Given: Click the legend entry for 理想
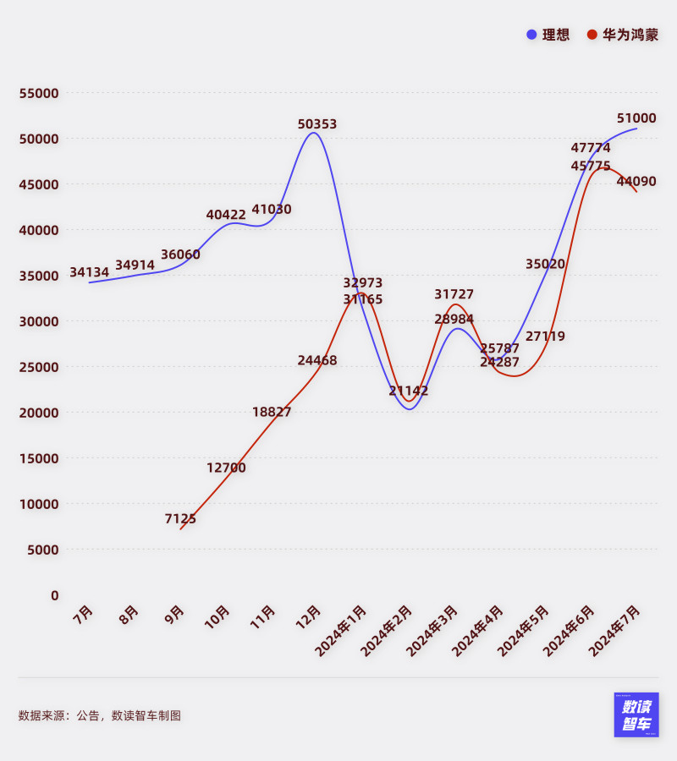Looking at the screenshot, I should click(x=548, y=35).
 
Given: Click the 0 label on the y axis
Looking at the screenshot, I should click(x=54, y=595).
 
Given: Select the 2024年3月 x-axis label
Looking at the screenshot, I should click(x=433, y=629).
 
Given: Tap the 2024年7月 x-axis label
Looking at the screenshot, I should click(x=615, y=629).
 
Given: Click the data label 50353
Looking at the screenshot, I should click(x=317, y=124).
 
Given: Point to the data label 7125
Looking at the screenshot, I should click(x=180, y=518).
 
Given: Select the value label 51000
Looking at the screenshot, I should click(x=636, y=118).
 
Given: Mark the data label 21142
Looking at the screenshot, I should click(x=409, y=391).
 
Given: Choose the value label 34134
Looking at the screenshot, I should click(x=89, y=272).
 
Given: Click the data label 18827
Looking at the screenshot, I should click(x=272, y=412).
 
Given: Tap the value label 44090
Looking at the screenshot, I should click(x=636, y=181).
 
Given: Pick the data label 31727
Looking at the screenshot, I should click(x=454, y=294).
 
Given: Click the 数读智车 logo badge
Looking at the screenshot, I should click(x=636, y=714).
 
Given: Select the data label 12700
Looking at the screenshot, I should click(x=226, y=468).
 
